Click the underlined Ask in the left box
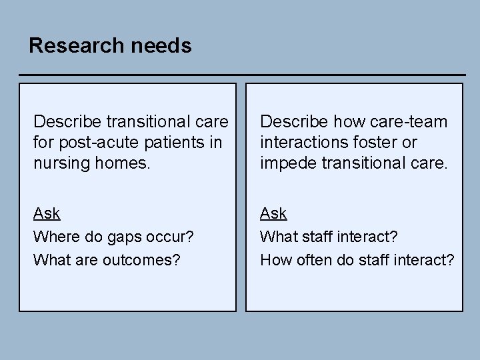tap(47, 213)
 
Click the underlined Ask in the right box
tap(273, 213)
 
